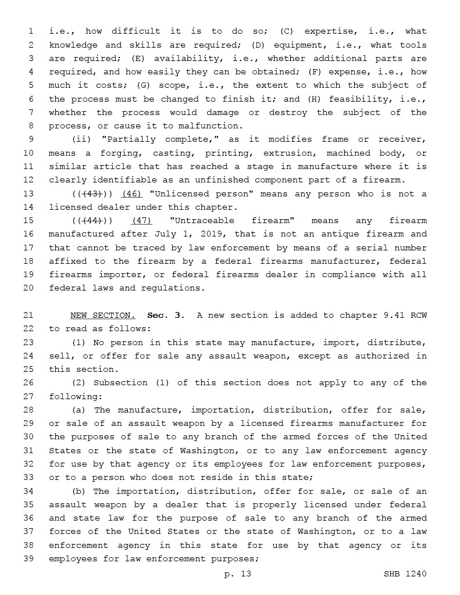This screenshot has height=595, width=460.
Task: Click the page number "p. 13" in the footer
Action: point(237,574)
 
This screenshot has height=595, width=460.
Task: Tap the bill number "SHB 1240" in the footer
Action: point(405,574)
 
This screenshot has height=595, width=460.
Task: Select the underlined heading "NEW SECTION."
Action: point(103,316)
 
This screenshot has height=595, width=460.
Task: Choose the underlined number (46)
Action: point(131,194)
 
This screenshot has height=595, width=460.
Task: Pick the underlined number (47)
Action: point(142,221)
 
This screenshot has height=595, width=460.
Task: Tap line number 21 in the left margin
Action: point(29,316)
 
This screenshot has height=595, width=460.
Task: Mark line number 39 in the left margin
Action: point(29,559)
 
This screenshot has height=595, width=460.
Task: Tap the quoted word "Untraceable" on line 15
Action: point(204,221)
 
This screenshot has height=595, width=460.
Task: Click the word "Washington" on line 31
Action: point(190,451)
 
